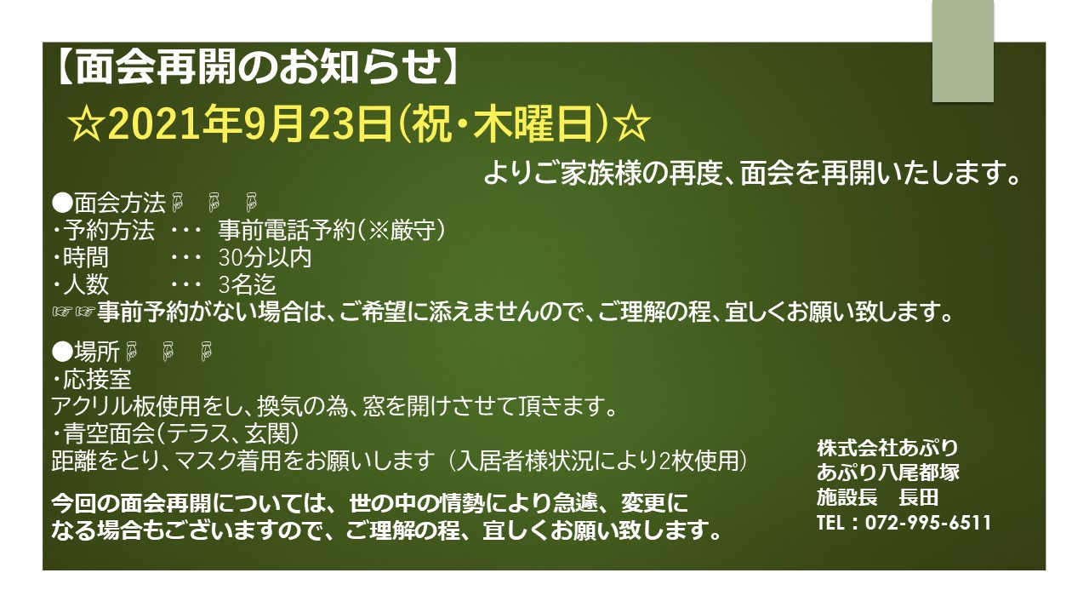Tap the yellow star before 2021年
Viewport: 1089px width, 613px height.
click(x=87, y=124)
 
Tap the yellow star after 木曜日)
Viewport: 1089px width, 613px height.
click(x=631, y=124)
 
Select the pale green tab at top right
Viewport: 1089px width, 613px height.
click(x=962, y=50)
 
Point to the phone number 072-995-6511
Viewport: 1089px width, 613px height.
click(x=928, y=523)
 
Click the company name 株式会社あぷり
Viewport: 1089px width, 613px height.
click(x=887, y=448)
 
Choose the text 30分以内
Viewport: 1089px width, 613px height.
click(x=265, y=257)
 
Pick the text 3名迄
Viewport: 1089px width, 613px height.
click(x=248, y=284)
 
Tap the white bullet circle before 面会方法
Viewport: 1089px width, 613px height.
click(x=62, y=203)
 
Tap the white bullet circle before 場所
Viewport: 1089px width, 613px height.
click(x=62, y=352)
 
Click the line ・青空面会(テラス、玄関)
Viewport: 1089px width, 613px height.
click(x=175, y=433)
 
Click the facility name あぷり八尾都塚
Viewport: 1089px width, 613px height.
click(x=888, y=473)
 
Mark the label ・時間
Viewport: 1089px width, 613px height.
click(x=80, y=257)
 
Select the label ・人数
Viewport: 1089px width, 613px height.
click(x=80, y=284)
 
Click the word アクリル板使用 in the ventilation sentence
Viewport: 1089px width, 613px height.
click(x=126, y=406)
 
